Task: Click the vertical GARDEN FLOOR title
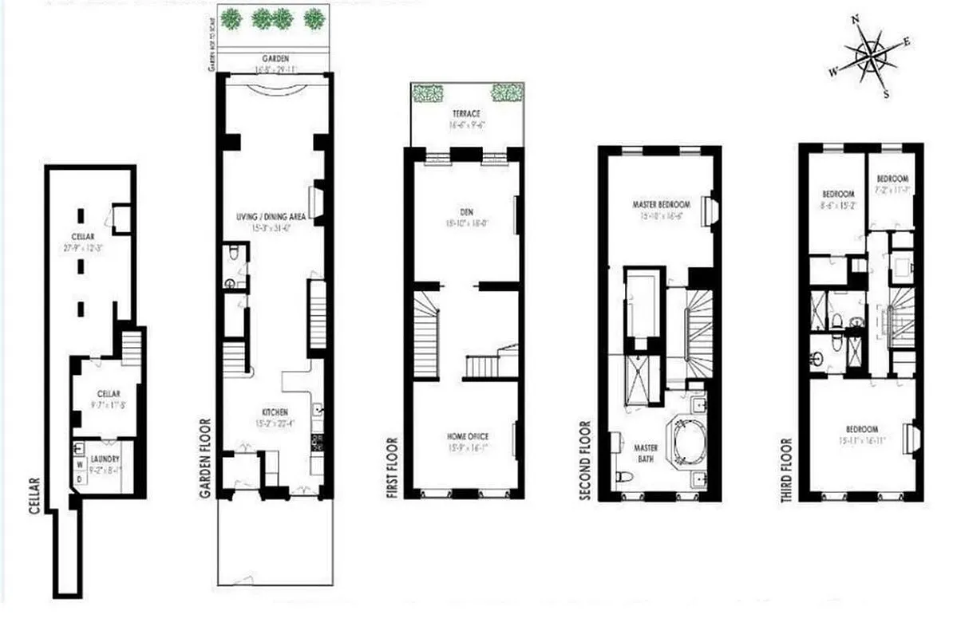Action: (206, 459)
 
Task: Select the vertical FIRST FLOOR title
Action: (392, 467)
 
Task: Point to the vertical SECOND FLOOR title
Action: (586, 460)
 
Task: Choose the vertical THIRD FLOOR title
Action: (787, 470)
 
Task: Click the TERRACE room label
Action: (467, 114)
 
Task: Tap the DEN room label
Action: (466, 212)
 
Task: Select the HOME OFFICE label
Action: (467, 435)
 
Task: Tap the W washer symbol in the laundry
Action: (79, 463)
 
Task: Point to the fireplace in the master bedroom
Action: (708, 209)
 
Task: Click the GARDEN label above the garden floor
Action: (274, 59)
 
